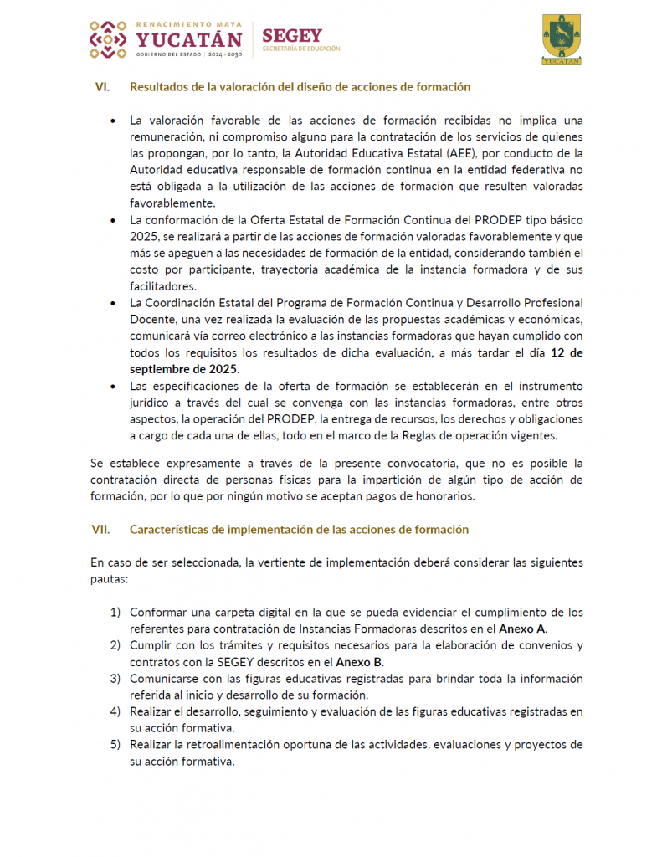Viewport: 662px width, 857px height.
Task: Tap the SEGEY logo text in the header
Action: click(x=291, y=36)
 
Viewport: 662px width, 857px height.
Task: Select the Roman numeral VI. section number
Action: click(x=103, y=87)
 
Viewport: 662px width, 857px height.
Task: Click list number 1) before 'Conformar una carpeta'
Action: click(x=115, y=613)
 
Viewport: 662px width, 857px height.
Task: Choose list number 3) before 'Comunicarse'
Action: click(x=115, y=679)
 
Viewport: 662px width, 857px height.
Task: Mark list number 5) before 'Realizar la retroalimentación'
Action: click(x=115, y=745)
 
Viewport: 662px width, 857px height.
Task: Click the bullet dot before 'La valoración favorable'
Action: click(x=113, y=121)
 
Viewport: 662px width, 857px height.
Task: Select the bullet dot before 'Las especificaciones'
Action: click(x=113, y=386)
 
